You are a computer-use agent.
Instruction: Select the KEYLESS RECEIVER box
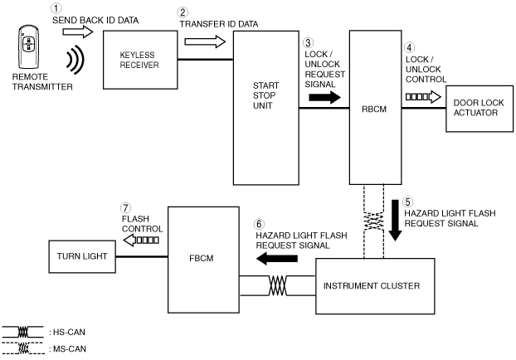click(x=140, y=60)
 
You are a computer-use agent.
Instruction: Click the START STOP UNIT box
click(x=266, y=108)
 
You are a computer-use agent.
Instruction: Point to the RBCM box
click(x=376, y=107)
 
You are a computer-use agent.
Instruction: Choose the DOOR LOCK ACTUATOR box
click(x=479, y=109)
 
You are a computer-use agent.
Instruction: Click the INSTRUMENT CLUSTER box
click(x=375, y=286)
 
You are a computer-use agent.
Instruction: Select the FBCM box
click(x=203, y=260)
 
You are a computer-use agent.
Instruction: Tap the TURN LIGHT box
click(x=82, y=256)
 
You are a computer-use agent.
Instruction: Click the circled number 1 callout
click(x=56, y=8)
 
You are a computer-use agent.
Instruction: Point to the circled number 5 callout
click(x=407, y=202)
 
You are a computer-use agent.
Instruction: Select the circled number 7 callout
click(x=125, y=208)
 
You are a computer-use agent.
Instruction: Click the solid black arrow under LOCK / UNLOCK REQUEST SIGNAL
click(x=325, y=97)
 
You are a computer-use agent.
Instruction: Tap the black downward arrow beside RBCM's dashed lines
click(x=395, y=220)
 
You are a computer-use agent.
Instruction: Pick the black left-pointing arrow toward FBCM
click(x=277, y=259)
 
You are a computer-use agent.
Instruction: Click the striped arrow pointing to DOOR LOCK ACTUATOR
click(x=423, y=97)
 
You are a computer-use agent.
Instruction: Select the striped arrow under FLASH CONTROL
click(x=141, y=241)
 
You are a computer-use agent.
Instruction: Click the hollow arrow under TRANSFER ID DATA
click(x=205, y=41)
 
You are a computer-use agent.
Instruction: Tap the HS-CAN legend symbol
click(x=23, y=332)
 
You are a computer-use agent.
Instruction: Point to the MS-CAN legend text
click(x=70, y=349)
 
